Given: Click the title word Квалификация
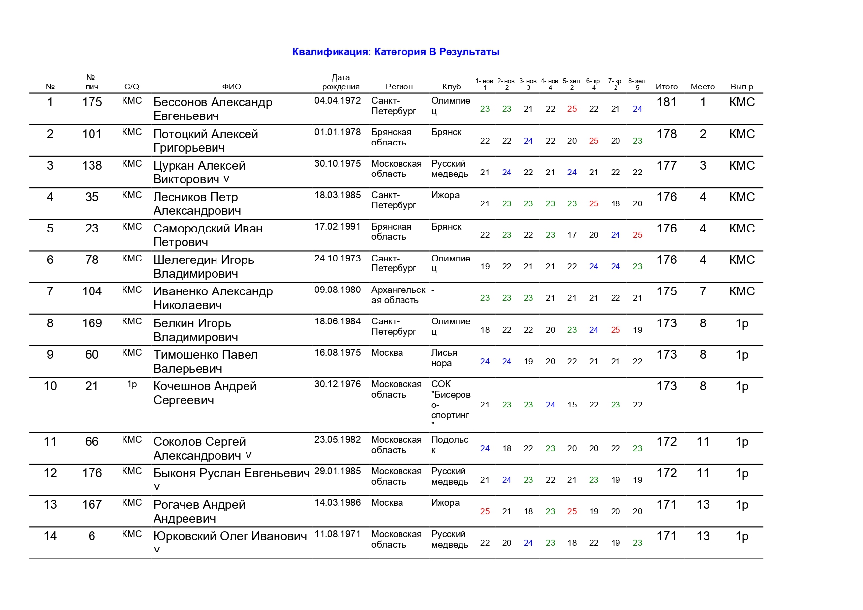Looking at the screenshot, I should (332, 52).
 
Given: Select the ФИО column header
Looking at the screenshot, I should (232, 87).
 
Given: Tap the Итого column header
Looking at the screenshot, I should (667, 87).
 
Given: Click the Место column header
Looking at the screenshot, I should (703, 87).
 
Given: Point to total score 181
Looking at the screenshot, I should (667, 102).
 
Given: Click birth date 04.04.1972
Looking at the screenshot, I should (338, 101).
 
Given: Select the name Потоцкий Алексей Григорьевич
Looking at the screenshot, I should (206, 141).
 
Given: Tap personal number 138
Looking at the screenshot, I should (92, 166).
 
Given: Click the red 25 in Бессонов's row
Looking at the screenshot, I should (572, 109).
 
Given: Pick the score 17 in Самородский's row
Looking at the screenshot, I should (572, 235).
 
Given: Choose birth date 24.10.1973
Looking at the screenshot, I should (338, 259).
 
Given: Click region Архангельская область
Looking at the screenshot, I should (398, 295).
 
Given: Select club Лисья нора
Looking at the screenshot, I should (444, 358).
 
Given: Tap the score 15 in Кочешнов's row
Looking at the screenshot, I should (572, 405).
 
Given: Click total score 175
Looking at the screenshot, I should (667, 291).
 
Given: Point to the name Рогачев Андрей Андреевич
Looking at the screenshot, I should (199, 511).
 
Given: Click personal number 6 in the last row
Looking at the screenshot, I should (92, 536).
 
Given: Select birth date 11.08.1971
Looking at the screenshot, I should (338, 534).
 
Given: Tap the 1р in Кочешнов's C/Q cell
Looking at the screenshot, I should (132, 384).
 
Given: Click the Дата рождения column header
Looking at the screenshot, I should (340, 82).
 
